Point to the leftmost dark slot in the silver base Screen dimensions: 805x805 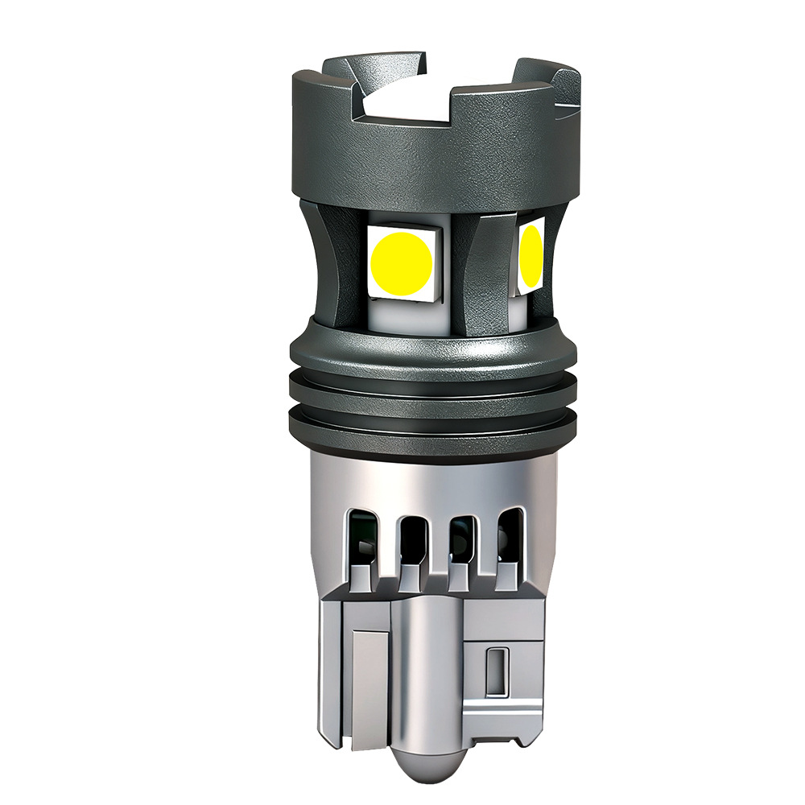click(362, 535)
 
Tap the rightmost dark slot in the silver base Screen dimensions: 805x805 click(508, 535)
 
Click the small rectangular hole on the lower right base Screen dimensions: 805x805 click(497, 669)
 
